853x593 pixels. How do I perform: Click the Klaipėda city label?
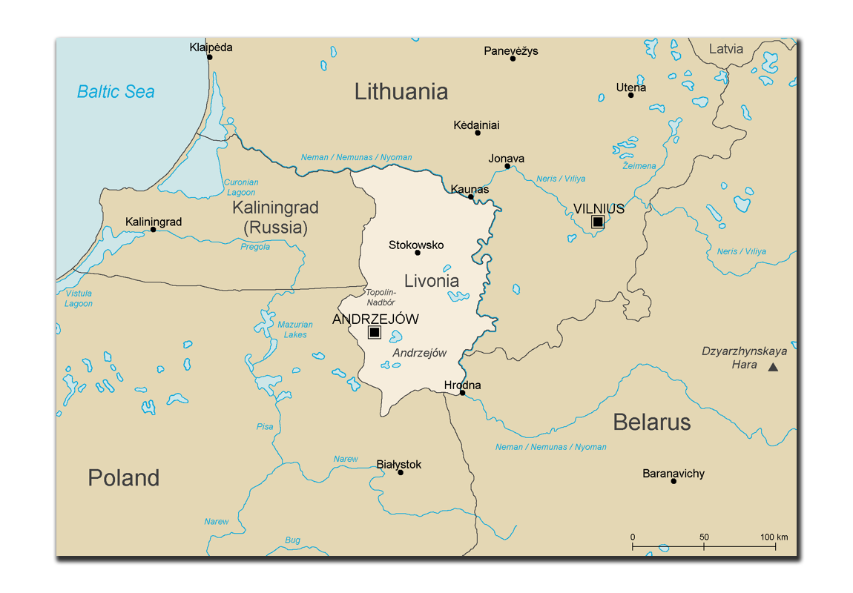click(211, 47)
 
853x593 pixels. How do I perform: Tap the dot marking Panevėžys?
click(513, 59)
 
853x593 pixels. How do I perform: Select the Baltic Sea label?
click(116, 92)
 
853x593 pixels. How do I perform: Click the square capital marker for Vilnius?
click(597, 222)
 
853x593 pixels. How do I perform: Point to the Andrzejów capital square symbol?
click(375, 332)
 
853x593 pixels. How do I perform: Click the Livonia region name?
click(432, 281)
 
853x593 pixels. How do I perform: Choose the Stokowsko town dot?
click(418, 253)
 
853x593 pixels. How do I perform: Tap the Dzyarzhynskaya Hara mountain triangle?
click(773, 367)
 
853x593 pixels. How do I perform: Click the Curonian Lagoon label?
click(241, 188)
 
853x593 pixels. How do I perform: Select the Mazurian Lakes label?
click(295, 330)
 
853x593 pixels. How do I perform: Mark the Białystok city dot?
click(401, 472)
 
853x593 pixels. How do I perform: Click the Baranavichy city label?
click(673, 474)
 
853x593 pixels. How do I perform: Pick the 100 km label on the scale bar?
click(774, 537)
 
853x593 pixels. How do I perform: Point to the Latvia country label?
click(725, 49)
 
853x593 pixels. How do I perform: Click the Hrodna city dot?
click(462, 393)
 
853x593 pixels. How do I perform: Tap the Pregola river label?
click(255, 247)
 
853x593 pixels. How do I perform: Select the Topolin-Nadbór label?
click(381, 297)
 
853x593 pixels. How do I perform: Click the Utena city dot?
click(631, 95)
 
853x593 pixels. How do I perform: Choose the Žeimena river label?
click(639, 166)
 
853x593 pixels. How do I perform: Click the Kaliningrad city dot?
click(154, 230)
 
